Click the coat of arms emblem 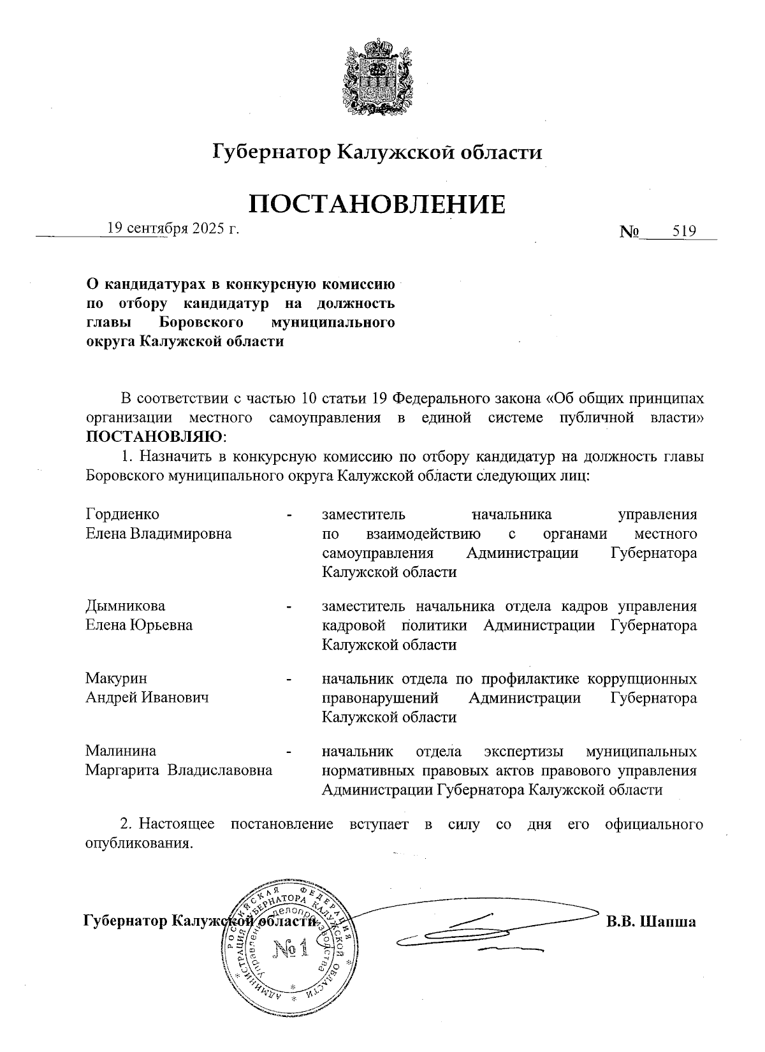pyautogui.click(x=376, y=78)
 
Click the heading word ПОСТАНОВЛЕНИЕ pyautogui.click(x=377, y=204)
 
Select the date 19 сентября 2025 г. pyautogui.click(x=173, y=228)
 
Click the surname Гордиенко pyautogui.click(x=122, y=514)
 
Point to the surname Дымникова pyautogui.click(x=126, y=605)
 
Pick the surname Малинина pyautogui.click(x=121, y=750)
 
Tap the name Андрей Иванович pyautogui.click(x=148, y=698)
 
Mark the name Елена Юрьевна pyautogui.click(x=140, y=625)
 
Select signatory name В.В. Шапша pyautogui.click(x=651, y=921)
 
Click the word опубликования pyautogui.click(x=138, y=844)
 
